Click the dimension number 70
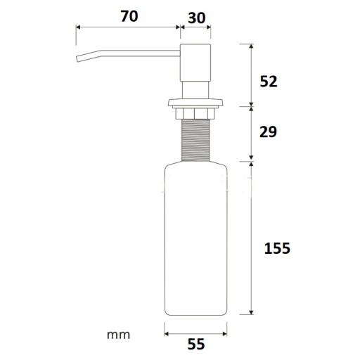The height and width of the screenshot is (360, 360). pos(129,16)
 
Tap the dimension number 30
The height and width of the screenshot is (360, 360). pos(197,18)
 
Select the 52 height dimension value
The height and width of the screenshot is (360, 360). pos(269,82)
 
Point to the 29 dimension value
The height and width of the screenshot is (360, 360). pos(268,131)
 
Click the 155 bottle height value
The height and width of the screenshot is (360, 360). pos(277,248)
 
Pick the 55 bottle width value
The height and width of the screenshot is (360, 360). pos(196,345)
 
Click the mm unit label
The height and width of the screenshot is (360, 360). pos(118,335)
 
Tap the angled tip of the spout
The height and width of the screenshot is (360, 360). pos(78,59)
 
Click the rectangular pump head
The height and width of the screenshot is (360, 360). pos(195,63)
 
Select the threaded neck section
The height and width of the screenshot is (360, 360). pos(195,140)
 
